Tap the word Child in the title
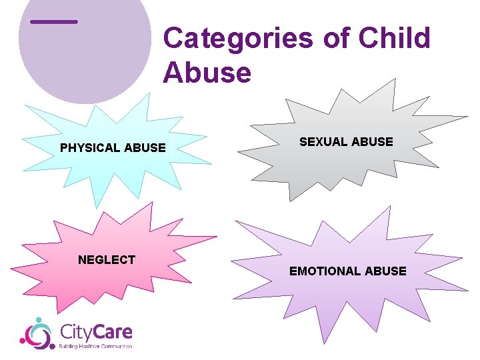pyautogui.click(x=395, y=39)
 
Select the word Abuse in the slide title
pyautogui.click(x=207, y=72)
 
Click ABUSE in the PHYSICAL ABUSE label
pyautogui.click(x=145, y=148)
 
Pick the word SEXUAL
pyautogui.click(x=324, y=142)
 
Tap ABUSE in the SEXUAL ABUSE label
pyautogui.click(x=373, y=142)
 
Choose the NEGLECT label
pyautogui.click(x=107, y=260)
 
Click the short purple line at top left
pyautogui.click(x=54, y=22)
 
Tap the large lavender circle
pyautogui.click(x=87, y=60)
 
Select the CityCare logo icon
pyautogui.click(x=37, y=333)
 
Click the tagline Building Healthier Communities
pyautogui.click(x=96, y=347)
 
